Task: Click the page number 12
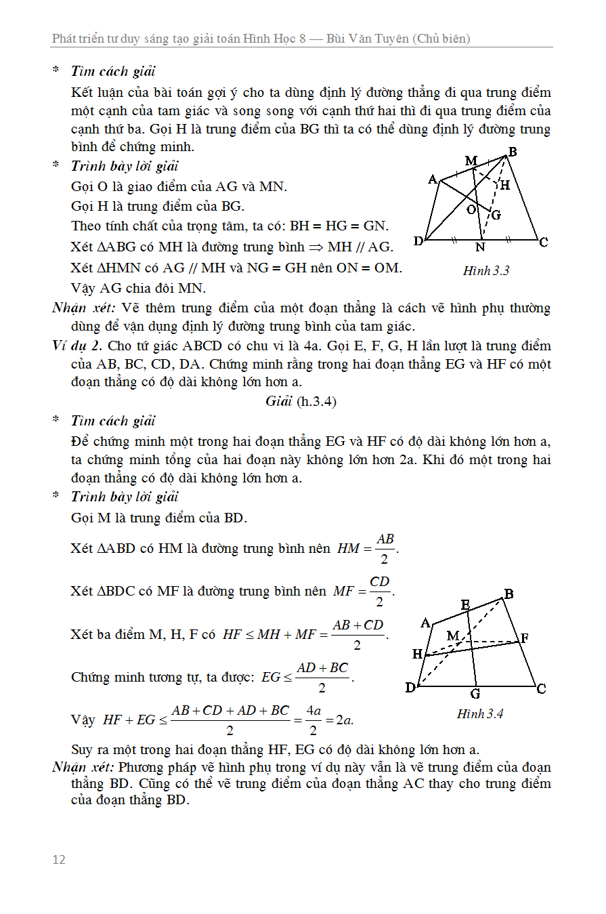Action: (59, 859)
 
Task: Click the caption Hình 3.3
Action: (485, 271)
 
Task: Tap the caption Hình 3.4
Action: (480, 713)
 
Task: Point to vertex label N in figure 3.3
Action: (480, 248)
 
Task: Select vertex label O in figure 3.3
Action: (471, 210)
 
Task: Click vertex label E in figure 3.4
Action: (466, 604)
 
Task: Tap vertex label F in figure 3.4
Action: (524, 638)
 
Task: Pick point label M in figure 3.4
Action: (453, 636)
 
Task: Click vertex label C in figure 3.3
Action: (543, 242)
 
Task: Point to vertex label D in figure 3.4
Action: (410, 688)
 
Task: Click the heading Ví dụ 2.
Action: (74, 346)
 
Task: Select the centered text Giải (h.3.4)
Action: (301, 401)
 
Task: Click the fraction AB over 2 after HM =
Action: (385, 548)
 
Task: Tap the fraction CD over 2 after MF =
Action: (380, 591)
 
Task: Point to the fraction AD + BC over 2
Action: (322, 677)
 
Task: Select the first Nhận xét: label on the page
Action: (85, 308)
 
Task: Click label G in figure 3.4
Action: (475, 693)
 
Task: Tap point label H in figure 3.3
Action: (504, 184)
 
